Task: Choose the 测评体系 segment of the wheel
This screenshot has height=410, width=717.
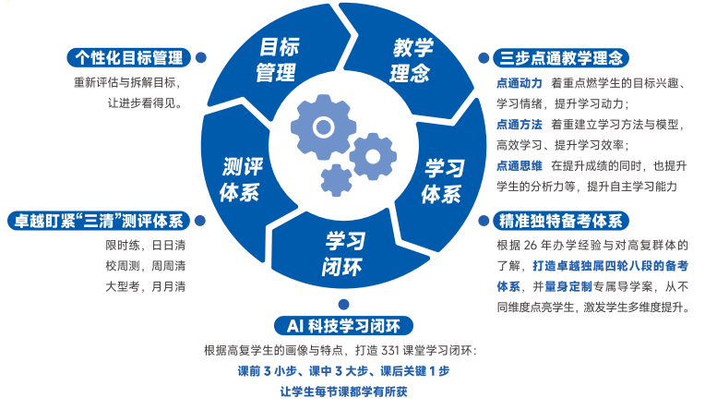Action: pos(240,179)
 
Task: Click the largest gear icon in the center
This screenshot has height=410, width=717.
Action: pos(323,127)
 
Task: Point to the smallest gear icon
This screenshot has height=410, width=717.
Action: pos(336,180)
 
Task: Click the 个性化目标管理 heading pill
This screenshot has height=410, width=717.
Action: pos(128,57)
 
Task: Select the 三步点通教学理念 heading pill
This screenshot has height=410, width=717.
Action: pos(561,57)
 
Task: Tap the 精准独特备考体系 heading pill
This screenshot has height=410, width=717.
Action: pos(561,221)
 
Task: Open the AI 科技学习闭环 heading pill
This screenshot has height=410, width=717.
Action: pos(343,326)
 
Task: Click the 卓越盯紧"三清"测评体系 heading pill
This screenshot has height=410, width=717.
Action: pos(99,221)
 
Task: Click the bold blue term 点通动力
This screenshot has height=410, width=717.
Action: pos(520,83)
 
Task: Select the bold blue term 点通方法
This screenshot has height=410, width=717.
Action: pos(520,125)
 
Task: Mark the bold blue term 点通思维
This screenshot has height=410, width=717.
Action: pos(520,165)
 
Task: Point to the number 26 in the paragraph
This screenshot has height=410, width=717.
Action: pos(531,246)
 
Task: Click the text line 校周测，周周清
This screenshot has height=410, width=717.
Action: pos(146,266)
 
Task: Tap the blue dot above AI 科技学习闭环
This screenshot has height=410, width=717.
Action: pos(343,305)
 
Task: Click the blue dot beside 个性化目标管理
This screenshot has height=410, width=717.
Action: pos(201,57)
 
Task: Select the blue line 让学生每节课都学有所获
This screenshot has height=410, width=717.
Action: pos(343,392)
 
